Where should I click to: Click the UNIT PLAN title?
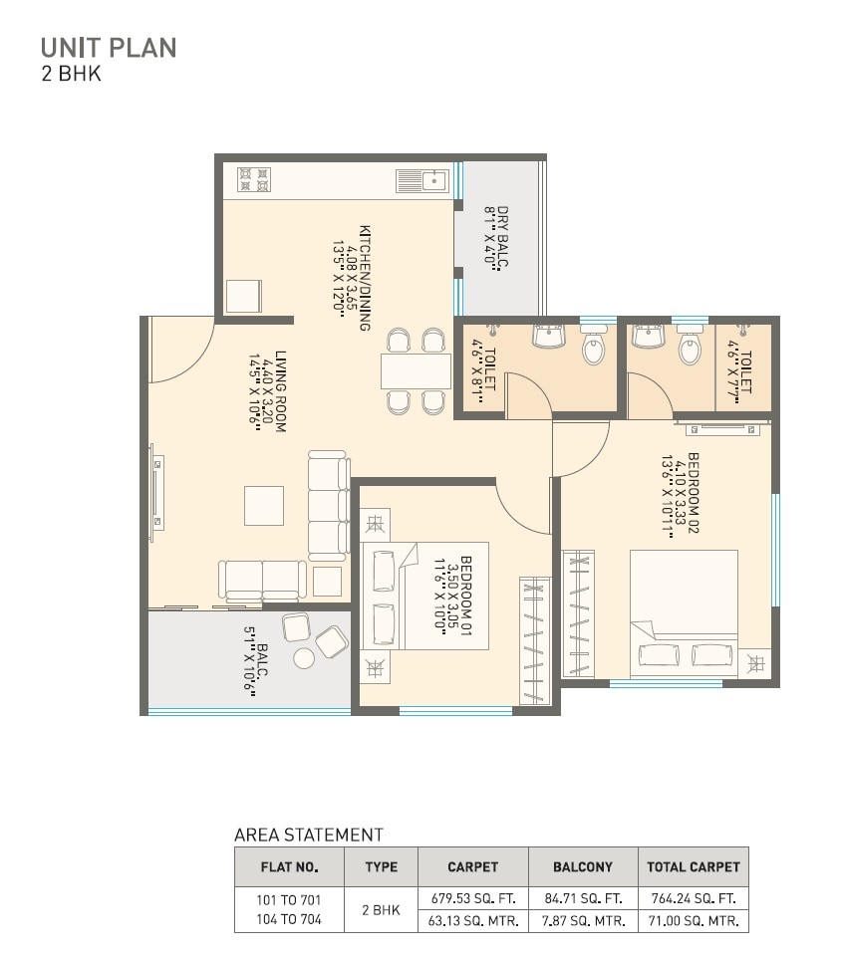point(109,47)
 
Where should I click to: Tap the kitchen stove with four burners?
point(254,180)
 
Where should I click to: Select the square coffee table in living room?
point(264,505)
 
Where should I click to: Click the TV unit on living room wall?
point(156,497)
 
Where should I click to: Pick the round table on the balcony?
point(304,657)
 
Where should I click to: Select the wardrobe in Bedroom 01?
point(535,640)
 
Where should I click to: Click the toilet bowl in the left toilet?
point(593,349)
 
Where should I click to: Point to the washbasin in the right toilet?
point(649,337)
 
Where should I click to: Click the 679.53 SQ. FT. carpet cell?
point(472,898)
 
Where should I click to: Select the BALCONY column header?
point(582,866)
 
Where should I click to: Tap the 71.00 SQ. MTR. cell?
point(693,921)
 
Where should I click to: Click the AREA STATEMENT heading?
point(308,835)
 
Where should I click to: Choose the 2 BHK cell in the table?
point(381,909)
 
